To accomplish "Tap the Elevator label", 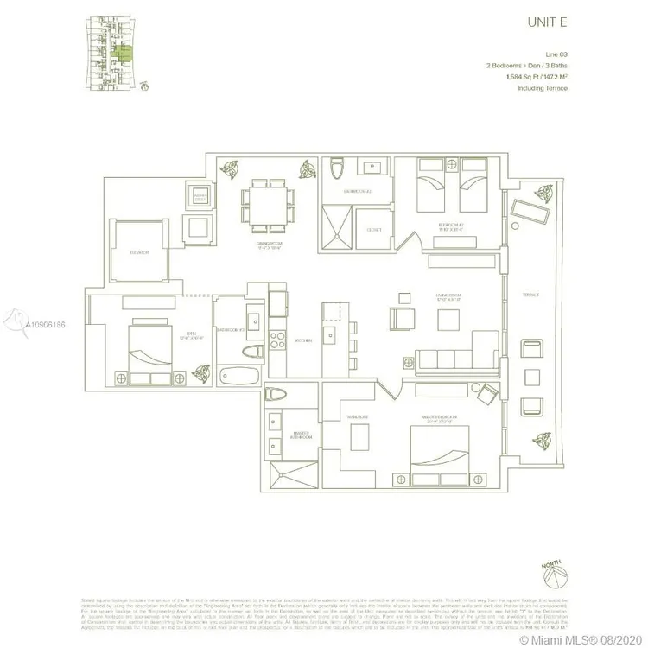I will [x=140, y=252].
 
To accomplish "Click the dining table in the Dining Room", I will [x=264, y=206].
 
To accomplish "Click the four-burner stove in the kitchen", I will [x=279, y=340].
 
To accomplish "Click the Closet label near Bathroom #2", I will [x=374, y=231].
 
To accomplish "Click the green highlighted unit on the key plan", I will [x=124, y=56].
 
